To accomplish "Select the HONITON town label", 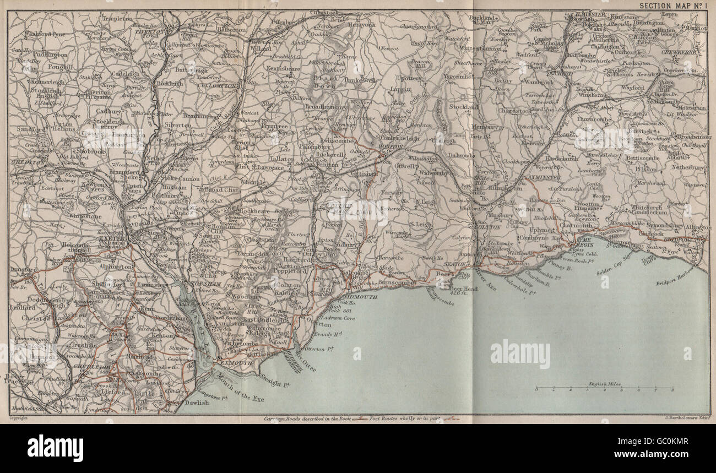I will tap(392, 148).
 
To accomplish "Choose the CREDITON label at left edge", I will tap(23, 164).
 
